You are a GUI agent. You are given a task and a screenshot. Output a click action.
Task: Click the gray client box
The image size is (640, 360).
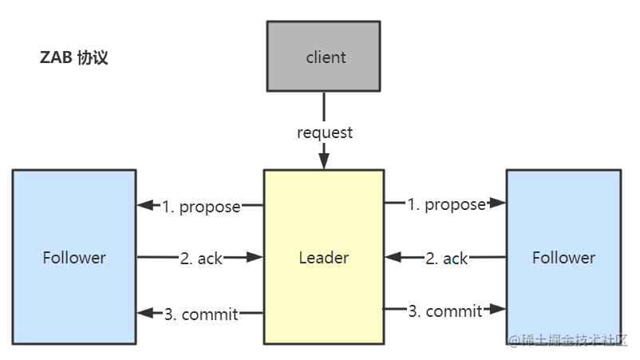pos(326,57)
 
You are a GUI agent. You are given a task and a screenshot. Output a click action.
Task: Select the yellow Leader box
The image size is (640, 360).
pos(323,257)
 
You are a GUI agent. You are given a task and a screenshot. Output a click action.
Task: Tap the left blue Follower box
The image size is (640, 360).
pos(74,257)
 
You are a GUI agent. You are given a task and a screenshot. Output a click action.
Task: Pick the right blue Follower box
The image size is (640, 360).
pos(563,257)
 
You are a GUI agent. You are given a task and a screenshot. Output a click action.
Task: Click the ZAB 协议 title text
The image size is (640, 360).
pos(73,58)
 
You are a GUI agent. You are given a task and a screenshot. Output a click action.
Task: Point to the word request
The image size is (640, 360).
pos(325,133)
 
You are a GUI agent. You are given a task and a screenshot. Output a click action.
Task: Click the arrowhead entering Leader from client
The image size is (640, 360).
pos(324,162)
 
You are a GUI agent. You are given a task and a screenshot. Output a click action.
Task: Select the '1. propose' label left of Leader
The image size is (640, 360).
pos(201,207)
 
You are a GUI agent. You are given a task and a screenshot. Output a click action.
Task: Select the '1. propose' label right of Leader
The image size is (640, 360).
pos(446,204)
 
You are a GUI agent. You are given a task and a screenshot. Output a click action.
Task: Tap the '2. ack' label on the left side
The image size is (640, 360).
pos(201,258)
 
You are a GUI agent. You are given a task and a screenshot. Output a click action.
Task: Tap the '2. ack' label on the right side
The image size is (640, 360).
pos(446,259)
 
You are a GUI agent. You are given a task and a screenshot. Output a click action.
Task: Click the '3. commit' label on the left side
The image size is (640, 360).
pos(201,315)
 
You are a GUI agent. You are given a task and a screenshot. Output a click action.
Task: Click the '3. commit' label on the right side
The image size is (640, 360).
pos(445,311)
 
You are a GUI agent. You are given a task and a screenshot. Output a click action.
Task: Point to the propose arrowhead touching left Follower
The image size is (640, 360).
pos(144,206)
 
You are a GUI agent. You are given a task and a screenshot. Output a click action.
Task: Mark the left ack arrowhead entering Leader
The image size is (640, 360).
pos(256,257)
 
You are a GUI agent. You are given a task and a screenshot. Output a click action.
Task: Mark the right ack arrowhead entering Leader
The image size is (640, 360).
pos(392,258)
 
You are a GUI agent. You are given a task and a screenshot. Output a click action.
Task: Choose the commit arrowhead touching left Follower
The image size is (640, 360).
pos(144,313)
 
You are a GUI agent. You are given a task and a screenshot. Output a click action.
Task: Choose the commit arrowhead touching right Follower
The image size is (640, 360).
pos(500,309)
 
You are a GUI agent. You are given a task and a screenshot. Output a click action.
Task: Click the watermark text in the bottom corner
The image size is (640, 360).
pos(569,339)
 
